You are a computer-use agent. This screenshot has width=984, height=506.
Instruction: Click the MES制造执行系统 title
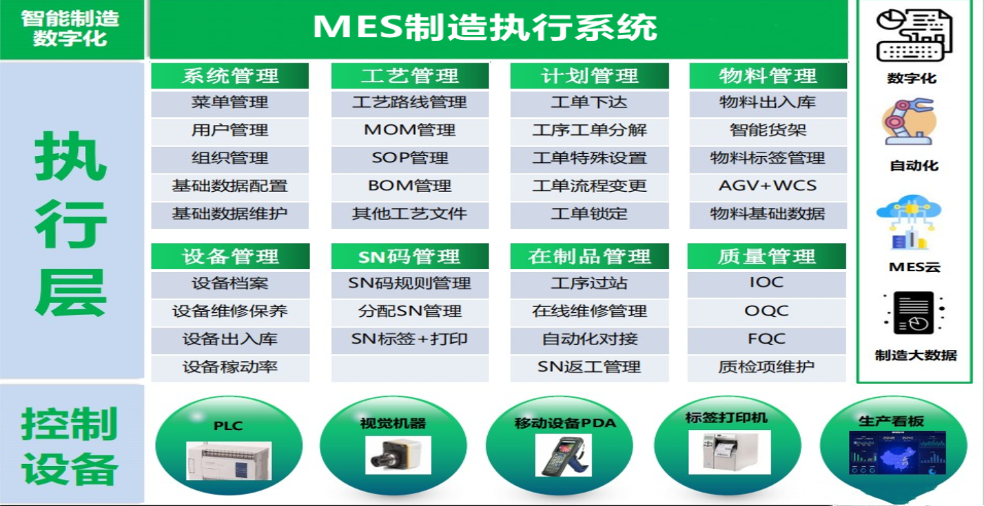[x=485, y=27]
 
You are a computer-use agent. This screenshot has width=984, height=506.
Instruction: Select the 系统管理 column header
[x=231, y=76]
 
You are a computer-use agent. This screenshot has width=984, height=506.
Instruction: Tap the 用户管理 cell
[x=231, y=131]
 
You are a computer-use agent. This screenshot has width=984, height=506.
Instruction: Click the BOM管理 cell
[x=410, y=186]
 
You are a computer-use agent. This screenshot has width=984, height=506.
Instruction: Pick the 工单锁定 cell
[x=590, y=214]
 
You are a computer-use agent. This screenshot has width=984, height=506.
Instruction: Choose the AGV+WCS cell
[x=768, y=186]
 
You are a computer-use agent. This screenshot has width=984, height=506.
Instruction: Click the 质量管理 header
[x=767, y=256]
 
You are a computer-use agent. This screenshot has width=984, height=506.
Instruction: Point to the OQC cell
[x=767, y=311]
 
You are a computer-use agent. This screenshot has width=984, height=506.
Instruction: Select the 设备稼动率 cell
[x=231, y=367]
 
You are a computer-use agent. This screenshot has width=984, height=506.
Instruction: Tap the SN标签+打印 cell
[x=410, y=339]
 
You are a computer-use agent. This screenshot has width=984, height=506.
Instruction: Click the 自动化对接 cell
[x=590, y=339]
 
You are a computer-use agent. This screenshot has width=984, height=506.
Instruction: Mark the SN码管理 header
[x=410, y=256]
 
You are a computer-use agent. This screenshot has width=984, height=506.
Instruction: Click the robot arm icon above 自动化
[x=909, y=122]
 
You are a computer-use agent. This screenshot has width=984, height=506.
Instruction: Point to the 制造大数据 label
[x=915, y=355]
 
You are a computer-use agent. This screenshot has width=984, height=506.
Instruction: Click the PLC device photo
[x=229, y=461]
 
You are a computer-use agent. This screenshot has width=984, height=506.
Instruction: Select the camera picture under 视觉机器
[x=398, y=455]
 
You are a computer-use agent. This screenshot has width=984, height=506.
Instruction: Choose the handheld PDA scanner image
[x=564, y=455]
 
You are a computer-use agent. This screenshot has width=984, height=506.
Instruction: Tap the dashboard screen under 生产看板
[x=897, y=453]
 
